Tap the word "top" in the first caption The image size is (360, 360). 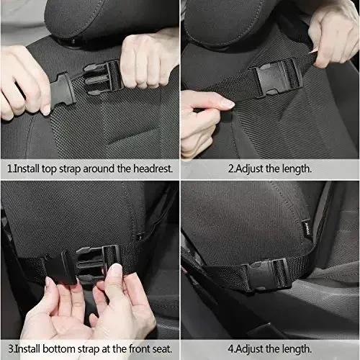coord(48,168)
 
